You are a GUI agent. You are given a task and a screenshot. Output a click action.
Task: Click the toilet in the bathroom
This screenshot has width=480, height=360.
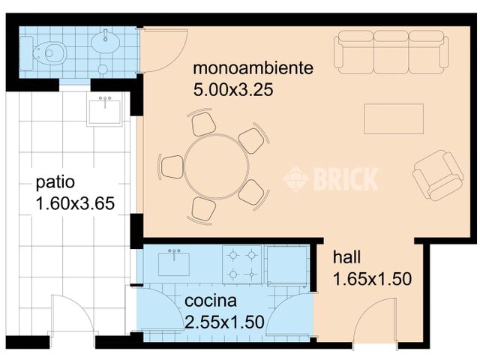pos(49,52)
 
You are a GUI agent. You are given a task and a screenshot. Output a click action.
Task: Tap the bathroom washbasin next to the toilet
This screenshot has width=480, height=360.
pos(106,42)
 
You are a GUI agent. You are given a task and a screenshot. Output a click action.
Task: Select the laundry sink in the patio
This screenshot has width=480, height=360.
pos(105,110)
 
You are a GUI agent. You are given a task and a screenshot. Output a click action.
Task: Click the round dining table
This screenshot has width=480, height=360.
pos(212,166)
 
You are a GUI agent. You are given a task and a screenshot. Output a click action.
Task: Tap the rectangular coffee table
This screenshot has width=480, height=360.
pos(394,118)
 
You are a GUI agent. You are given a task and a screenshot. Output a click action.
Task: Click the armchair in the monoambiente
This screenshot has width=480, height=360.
pos(437,174)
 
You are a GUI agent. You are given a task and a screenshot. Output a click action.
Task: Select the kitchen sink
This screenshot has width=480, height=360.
pos(174,262)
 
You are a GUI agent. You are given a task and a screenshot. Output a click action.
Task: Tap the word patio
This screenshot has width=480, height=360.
pos(55,182)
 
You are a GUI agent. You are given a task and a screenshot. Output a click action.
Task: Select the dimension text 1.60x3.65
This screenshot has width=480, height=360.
pos(73,203)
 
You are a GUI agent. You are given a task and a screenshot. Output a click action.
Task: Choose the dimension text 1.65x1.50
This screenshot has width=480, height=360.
pos(372,280)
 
